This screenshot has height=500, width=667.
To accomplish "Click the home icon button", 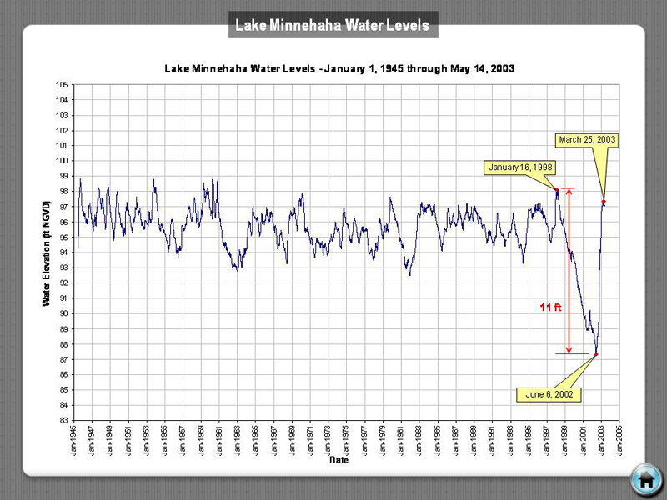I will coord(644,477).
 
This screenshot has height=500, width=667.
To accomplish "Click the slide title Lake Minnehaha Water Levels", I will coord(333,26).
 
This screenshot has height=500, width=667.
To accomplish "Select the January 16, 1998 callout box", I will coord(520,167).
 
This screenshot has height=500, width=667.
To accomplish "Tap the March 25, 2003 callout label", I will coord(588,139).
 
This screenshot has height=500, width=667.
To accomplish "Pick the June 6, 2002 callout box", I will coord(548,393).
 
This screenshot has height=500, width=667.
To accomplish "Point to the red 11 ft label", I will coord(550,307).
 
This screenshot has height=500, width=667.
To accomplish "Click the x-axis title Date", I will coord(339,459).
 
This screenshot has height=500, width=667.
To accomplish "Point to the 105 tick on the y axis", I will coord(63,85).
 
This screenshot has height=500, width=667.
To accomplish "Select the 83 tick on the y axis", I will coord(63,420).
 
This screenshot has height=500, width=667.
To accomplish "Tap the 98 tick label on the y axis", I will coord(63,191).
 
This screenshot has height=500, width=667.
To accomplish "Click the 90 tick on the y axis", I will coord(63,313).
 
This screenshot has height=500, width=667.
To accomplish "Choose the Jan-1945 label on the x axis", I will coord(74,437).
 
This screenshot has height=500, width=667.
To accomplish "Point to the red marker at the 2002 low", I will coord(596,354).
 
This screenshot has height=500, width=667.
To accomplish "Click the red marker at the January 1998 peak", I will coord(557,189).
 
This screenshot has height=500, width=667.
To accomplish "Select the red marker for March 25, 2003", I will coord(604,201).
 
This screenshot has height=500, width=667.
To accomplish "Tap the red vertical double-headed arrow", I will coord(569,272).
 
